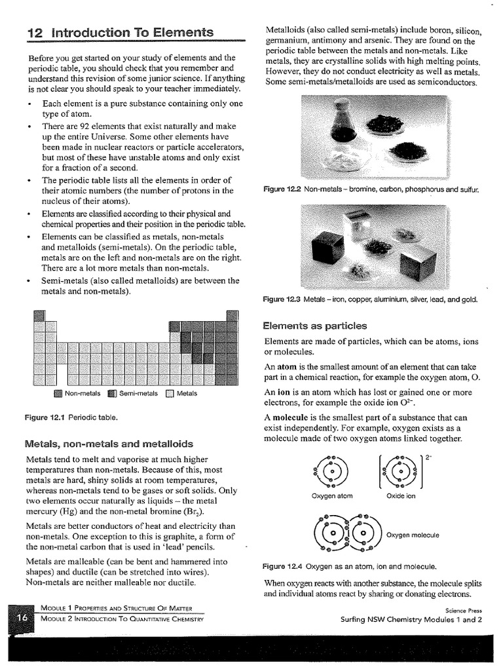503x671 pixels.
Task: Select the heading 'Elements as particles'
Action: coord(314,326)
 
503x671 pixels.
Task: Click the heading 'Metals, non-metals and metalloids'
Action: coord(108,442)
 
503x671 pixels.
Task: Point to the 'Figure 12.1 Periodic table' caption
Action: coord(71,417)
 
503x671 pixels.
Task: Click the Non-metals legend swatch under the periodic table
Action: coord(58,394)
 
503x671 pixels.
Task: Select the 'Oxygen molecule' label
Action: coord(413,535)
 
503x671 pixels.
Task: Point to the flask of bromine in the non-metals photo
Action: coord(343,125)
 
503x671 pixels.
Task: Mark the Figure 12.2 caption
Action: coord(370,189)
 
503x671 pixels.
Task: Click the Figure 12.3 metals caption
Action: coord(370,299)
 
